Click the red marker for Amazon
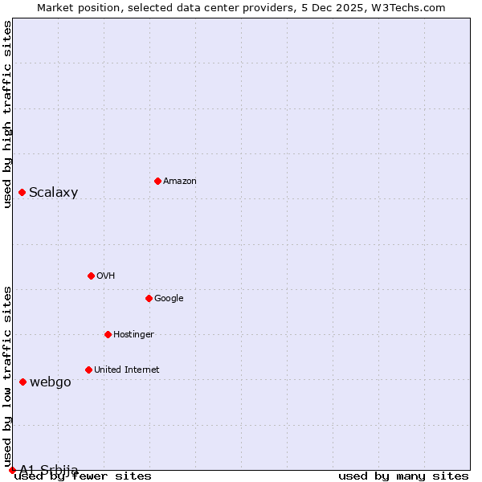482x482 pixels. point(157,181)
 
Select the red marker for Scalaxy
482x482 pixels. point(22,192)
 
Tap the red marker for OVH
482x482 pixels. point(91,276)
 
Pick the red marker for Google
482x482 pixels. point(149,298)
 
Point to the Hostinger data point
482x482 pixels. point(108,334)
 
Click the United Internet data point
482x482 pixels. point(88,370)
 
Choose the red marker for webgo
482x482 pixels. point(22,382)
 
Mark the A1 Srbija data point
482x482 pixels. point(12,470)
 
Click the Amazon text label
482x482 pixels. point(180,182)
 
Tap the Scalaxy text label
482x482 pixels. point(53,193)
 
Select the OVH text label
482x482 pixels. point(106,276)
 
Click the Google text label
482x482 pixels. point(169,299)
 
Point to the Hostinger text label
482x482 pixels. point(133,335)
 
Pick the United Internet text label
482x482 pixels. point(127,370)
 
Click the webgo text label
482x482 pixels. point(51,382)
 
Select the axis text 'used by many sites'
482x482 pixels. point(403,476)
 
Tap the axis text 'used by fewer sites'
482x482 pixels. point(84,476)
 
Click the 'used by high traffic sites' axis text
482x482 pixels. point(7,114)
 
